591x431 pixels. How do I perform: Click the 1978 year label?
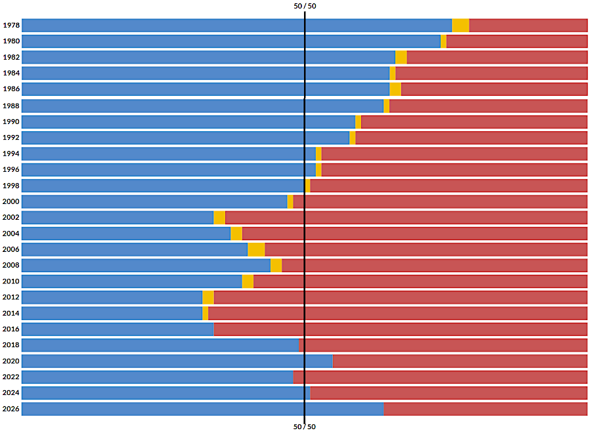tap(11, 26)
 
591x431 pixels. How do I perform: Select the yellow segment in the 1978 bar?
tap(460, 26)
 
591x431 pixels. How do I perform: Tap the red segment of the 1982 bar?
tap(496, 57)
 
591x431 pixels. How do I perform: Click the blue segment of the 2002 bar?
tap(118, 217)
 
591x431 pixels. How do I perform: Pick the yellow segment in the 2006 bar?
tap(256, 249)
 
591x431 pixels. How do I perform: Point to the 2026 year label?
tap(11, 409)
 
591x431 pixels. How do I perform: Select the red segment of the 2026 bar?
tap(485, 409)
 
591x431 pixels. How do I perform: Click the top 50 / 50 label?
tap(305, 6)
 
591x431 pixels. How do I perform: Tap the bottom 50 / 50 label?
tap(305, 426)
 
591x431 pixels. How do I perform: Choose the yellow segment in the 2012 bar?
tap(208, 297)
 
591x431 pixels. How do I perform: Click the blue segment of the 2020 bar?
tap(177, 361)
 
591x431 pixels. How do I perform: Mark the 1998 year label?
tap(11, 186)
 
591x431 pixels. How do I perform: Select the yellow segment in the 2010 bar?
tap(248, 281)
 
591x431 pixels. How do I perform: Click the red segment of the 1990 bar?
tap(473, 121)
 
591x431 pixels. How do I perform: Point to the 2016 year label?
tap(11, 329)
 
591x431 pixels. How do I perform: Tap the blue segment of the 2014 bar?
tap(112, 314)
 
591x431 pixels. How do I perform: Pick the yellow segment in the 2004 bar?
tap(236, 234)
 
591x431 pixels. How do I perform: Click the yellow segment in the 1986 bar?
tap(395, 89)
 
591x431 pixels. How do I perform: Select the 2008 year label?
tap(11, 266)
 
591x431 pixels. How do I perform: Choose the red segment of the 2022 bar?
tap(440, 377)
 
